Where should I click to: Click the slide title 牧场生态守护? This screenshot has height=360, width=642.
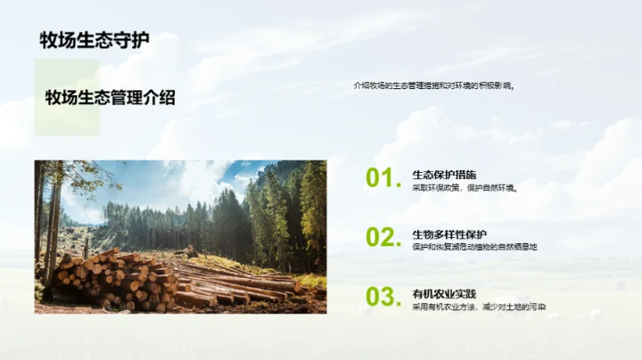pos(95,40)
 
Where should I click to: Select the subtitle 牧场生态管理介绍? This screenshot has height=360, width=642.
pos(110,98)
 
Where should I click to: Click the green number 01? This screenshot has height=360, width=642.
pos(381,178)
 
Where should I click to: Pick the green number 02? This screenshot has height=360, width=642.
pos(381,237)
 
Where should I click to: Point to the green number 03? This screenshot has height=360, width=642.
pos(381,297)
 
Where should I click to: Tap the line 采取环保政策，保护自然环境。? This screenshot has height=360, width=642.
pos(465,188)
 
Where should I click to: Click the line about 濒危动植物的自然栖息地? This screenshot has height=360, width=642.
pos(474,247)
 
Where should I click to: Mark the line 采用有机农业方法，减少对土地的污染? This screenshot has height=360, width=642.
pos(479,307)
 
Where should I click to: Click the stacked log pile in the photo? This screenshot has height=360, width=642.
pos(107,280)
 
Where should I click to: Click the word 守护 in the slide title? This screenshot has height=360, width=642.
pos(131,40)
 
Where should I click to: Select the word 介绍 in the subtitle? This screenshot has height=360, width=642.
pos(157,98)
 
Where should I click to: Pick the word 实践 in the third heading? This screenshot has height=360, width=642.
pos(464,293)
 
